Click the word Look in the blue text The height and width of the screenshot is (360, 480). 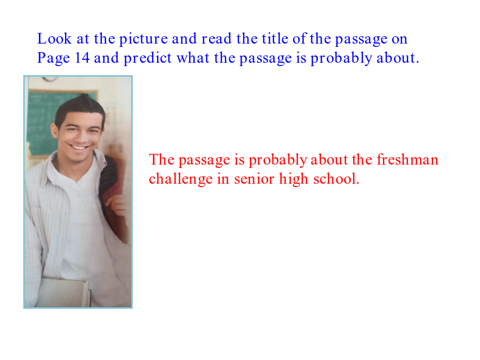54,38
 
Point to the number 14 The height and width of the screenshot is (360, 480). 82,58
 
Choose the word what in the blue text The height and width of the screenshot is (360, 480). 193,58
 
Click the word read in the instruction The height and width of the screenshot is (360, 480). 216,38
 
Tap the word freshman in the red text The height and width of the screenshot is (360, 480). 407,159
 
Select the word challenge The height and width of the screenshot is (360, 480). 181,180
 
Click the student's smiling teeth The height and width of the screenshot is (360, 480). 79,148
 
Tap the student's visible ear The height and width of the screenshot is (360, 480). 54,131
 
